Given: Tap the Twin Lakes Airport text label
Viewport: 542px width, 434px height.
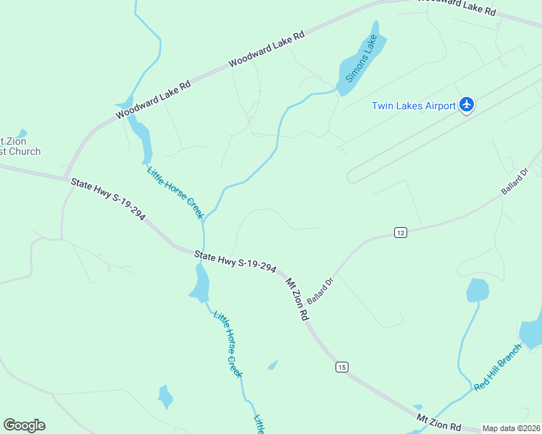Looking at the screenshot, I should [413, 106].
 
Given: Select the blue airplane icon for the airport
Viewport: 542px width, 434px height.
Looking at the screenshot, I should [467, 106].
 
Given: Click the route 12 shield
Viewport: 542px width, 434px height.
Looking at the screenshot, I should [401, 232].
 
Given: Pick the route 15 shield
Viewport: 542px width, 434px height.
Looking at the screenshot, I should [341, 367].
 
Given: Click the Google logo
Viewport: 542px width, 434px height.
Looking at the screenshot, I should [24, 425].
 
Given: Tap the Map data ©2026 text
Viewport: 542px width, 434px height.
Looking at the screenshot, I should [512, 428].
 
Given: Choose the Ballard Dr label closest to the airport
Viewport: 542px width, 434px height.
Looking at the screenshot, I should [515, 181].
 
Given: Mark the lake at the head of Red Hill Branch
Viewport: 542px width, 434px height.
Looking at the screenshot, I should [478, 290].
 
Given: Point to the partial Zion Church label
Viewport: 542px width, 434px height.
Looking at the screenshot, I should [17, 147].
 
